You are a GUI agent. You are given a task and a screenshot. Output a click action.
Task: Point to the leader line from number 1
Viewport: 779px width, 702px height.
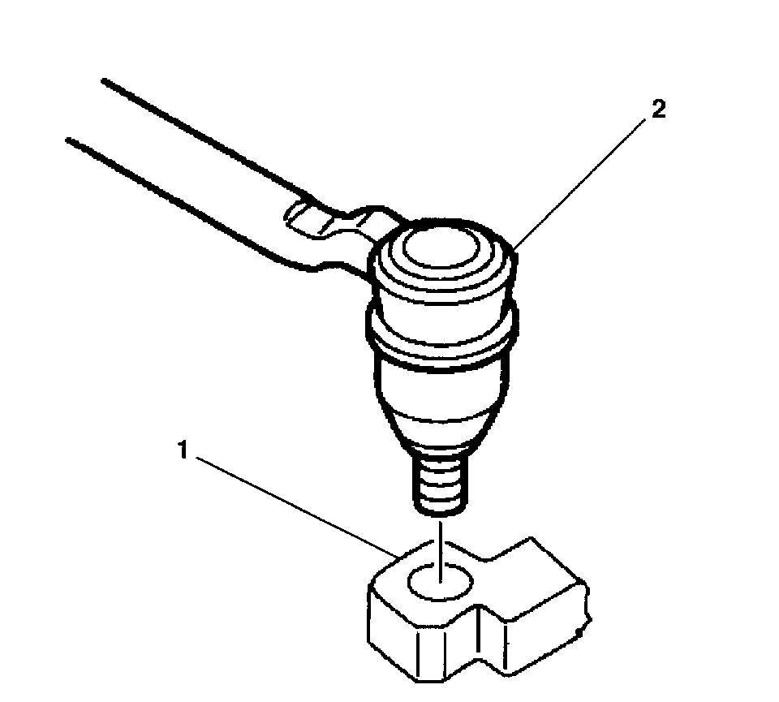292,503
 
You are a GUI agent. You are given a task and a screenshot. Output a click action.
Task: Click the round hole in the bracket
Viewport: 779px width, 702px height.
439,583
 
